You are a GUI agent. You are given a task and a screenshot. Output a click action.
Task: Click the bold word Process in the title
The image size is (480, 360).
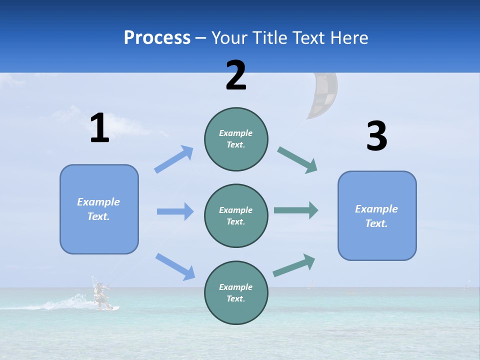[x=157, y=38]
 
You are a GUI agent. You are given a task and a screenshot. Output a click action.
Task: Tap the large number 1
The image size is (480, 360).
[x=99, y=128]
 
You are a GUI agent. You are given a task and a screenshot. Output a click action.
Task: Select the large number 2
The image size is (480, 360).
[x=236, y=75]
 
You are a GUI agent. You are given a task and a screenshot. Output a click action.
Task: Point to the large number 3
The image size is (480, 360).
[x=376, y=136]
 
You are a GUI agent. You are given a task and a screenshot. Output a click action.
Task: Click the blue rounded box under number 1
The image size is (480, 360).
[x=99, y=209]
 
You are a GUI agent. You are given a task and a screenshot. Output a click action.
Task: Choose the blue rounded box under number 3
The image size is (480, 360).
[x=377, y=216]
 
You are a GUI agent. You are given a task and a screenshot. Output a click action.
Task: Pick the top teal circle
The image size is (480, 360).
[x=236, y=139]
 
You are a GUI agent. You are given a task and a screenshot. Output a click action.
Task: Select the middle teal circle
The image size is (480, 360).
[x=236, y=216]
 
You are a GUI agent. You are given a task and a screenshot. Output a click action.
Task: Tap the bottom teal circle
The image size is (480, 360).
[x=236, y=293]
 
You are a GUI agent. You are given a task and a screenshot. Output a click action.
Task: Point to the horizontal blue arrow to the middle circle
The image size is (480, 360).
[x=175, y=211]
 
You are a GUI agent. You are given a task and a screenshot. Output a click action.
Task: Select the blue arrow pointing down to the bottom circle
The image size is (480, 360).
[x=175, y=266]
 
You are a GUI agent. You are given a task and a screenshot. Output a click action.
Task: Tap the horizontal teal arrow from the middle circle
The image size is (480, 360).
[x=295, y=210]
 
